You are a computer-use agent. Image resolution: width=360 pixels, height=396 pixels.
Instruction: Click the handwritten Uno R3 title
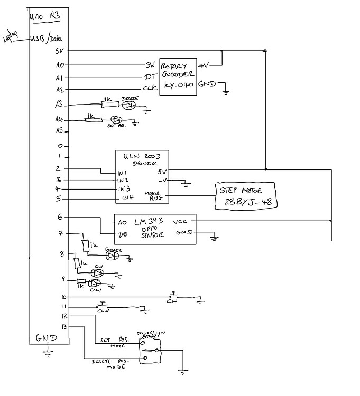45,16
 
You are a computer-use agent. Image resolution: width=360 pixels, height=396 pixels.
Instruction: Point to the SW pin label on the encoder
150,65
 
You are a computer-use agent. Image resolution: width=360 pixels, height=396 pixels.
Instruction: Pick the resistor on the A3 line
108,104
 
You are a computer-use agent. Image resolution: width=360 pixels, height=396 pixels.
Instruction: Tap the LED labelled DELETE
128,105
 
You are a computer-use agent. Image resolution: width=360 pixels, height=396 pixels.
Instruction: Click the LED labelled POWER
112,256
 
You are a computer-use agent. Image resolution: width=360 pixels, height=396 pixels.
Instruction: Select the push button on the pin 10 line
173,295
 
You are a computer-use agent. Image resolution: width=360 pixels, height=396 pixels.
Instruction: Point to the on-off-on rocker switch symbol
150,351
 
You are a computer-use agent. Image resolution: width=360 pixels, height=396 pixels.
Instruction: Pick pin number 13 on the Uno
64,326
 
